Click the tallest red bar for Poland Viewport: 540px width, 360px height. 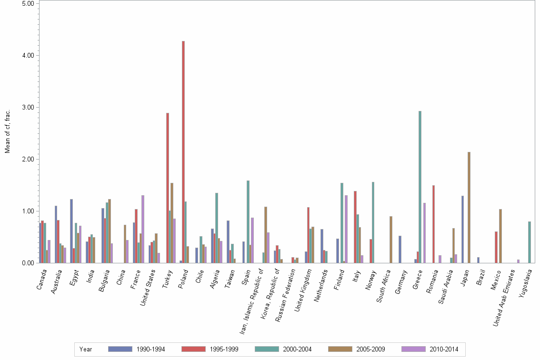pyautogui.click(x=183, y=152)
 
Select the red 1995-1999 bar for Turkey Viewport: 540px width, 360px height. pyautogui.click(x=168, y=188)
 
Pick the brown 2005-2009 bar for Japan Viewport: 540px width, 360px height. pyautogui.click(x=469, y=207)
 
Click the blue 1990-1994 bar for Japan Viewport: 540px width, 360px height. pyautogui.click(x=462, y=229)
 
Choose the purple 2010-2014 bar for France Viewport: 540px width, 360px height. pyautogui.click(x=143, y=229)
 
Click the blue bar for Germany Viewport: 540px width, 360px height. pyautogui.click(x=400, y=249)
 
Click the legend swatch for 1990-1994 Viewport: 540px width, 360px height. pyautogui.click(x=120, y=349)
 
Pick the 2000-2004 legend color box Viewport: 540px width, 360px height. pyautogui.click(x=267, y=349)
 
